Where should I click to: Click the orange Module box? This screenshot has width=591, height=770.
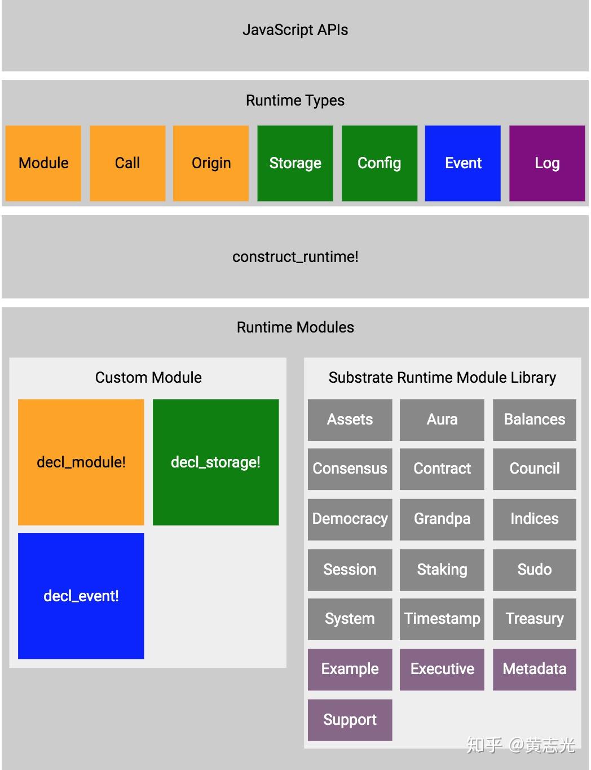43,163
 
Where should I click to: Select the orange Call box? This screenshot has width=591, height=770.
127,163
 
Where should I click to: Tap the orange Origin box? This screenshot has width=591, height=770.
211,163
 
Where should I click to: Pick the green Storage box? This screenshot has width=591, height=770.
295,163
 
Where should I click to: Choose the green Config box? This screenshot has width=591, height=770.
380,163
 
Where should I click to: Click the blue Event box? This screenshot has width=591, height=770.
463,163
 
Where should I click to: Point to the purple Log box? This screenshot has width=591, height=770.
547,163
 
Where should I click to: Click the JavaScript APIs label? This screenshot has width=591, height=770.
295,30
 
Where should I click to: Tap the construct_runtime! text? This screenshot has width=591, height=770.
295,257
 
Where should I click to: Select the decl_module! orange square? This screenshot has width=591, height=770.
81,462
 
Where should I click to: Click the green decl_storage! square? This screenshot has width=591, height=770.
215,462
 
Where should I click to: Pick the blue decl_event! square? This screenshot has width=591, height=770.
81,596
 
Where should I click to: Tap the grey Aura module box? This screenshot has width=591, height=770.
442,419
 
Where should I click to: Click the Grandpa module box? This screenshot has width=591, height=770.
442,519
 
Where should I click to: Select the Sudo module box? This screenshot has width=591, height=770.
535,570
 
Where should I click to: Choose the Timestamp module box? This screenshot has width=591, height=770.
442,619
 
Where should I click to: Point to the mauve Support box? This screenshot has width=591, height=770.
350,720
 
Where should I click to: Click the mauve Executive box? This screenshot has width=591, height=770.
442,669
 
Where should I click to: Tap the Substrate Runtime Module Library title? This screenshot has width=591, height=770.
442,378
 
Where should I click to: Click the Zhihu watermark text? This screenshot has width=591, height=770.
521,745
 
